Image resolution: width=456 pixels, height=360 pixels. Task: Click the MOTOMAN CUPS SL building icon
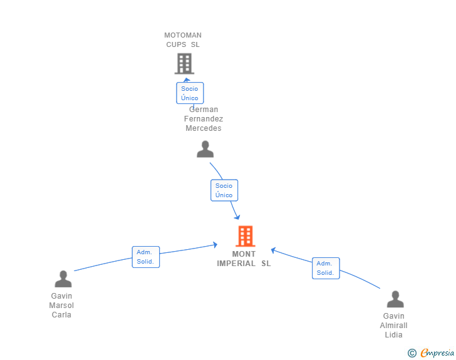click(x=184, y=63)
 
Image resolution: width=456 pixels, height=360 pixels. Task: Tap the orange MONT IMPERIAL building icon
click(x=246, y=236)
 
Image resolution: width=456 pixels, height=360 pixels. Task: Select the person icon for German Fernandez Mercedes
click(x=205, y=149)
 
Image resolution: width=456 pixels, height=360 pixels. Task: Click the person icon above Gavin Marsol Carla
click(x=63, y=279)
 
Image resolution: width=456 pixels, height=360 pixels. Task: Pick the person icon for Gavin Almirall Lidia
click(x=395, y=299)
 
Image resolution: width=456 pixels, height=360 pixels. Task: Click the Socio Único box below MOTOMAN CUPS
click(x=190, y=93)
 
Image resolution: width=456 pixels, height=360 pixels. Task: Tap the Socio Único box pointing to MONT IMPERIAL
click(x=224, y=190)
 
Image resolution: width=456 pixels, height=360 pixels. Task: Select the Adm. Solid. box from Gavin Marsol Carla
click(x=146, y=257)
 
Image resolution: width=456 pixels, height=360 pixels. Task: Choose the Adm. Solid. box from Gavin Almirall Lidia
click(x=326, y=268)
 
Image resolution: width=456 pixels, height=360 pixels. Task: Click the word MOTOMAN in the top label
click(x=183, y=35)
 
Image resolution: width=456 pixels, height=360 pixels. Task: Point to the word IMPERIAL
click(x=236, y=264)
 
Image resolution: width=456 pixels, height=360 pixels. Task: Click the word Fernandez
click(x=204, y=118)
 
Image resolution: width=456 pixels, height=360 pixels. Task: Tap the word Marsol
click(x=61, y=306)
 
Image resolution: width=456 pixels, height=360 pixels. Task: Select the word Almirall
click(x=393, y=326)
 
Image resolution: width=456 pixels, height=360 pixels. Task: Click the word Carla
click(x=61, y=315)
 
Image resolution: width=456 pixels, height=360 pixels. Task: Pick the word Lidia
click(x=393, y=335)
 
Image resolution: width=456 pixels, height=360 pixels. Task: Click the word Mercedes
click(x=204, y=128)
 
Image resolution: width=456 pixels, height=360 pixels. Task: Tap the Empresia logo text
click(x=437, y=353)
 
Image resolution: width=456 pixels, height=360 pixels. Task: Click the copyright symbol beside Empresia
click(x=412, y=353)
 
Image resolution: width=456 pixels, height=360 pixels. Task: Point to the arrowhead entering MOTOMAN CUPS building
click(x=187, y=80)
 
